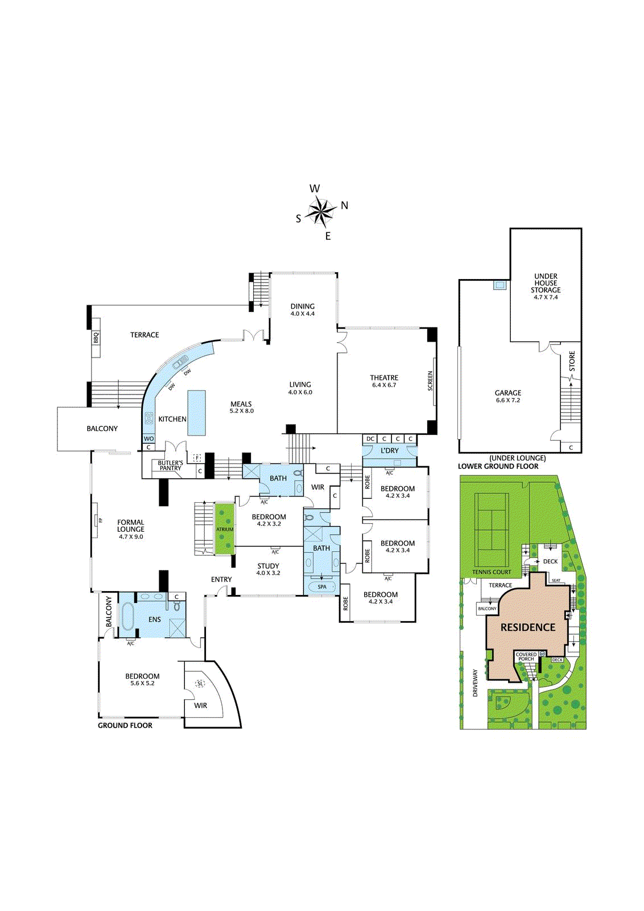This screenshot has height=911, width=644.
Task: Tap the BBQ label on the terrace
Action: [x=96, y=338]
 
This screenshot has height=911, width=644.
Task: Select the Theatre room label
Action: [x=384, y=377]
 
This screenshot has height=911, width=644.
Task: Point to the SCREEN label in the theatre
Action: [x=430, y=381]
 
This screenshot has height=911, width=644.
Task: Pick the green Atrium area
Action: [x=225, y=529]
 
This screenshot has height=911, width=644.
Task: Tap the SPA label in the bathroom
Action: [x=322, y=587]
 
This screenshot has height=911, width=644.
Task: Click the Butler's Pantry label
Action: [x=170, y=465]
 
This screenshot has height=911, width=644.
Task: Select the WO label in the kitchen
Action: [x=148, y=438]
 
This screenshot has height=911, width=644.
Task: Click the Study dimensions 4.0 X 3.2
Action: [x=268, y=573]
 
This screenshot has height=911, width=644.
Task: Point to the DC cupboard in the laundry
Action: [x=370, y=439]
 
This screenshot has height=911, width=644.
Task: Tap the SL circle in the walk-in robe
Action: [x=200, y=684]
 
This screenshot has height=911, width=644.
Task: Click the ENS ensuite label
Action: [x=155, y=619]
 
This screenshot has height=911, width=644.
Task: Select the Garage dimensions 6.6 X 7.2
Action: [x=508, y=400]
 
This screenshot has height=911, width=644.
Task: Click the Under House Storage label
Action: [x=546, y=283]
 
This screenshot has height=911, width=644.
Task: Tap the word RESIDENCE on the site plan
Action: [x=528, y=627]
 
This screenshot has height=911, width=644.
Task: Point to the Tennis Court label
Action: [x=492, y=572]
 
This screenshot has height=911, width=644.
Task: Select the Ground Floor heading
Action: [x=125, y=725]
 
